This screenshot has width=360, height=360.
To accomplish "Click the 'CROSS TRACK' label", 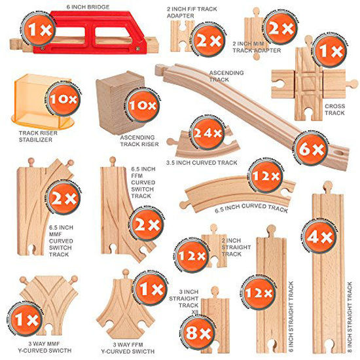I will point(336,109).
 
